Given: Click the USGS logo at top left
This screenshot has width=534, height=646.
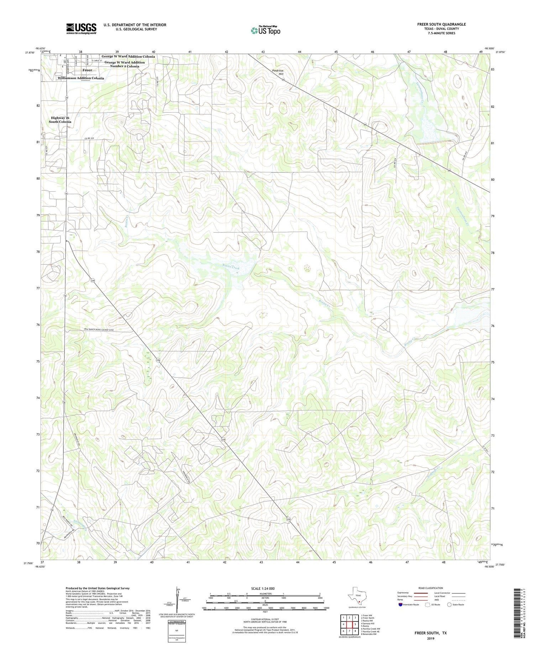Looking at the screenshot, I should [x=81, y=29].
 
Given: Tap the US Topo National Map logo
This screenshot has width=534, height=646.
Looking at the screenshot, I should [x=265, y=31].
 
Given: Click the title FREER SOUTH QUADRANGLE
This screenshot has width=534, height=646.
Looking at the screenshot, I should [x=441, y=24].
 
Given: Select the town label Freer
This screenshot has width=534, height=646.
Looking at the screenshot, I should [x=87, y=70].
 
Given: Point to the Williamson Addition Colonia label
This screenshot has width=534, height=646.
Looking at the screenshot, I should [x=81, y=78].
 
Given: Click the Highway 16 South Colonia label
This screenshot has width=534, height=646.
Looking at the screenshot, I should [x=60, y=120].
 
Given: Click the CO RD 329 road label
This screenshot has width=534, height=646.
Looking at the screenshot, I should [x=90, y=139].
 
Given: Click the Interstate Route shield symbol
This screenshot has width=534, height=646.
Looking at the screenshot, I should [x=400, y=605].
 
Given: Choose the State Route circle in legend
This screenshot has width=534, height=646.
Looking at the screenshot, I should [x=449, y=605].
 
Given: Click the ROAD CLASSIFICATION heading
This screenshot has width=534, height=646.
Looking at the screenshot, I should [x=431, y=588].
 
